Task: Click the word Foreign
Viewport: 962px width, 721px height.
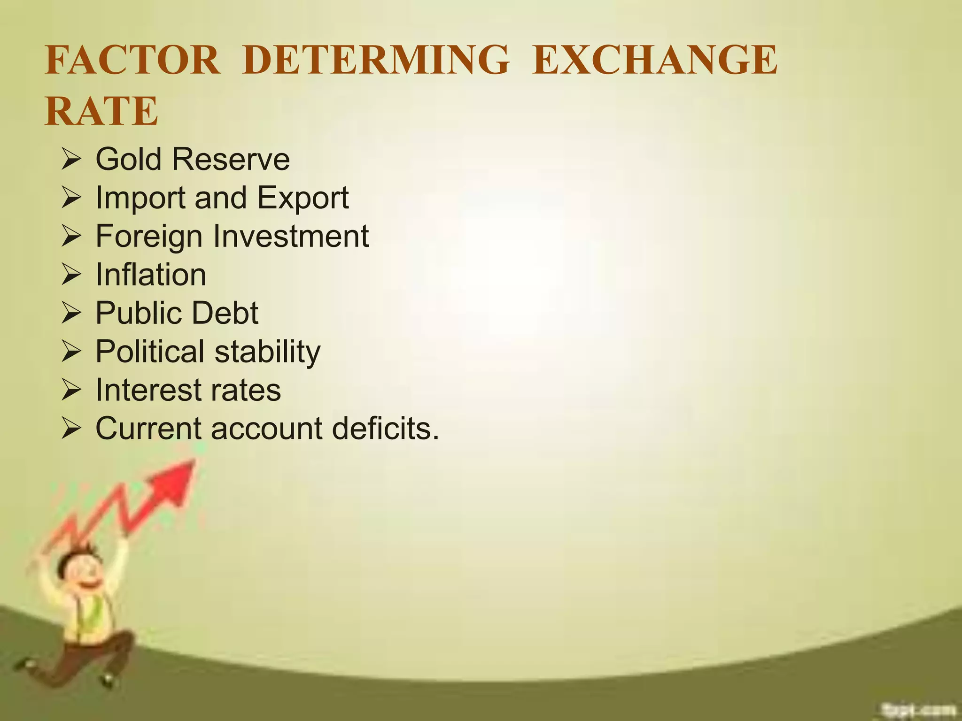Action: (x=150, y=237)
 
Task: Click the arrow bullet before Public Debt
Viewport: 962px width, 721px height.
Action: (x=71, y=314)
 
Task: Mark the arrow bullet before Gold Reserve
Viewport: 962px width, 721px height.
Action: (x=71, y=160)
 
